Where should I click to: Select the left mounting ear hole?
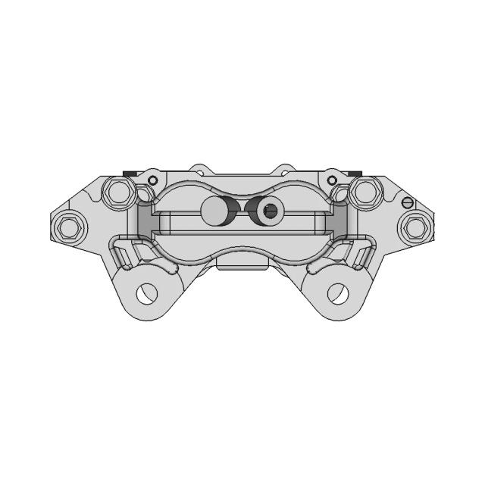(146, 293)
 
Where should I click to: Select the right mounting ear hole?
(338, 293)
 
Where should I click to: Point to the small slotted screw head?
(408, 202)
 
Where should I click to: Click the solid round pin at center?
(215, 211)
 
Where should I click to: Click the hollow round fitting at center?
(269, 211)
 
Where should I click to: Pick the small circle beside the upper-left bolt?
(152, 180)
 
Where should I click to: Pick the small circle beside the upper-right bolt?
(332, 180)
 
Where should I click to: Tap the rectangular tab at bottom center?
(242, 262)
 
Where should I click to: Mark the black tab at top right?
(355, 174)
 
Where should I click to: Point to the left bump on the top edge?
(200, 167)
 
